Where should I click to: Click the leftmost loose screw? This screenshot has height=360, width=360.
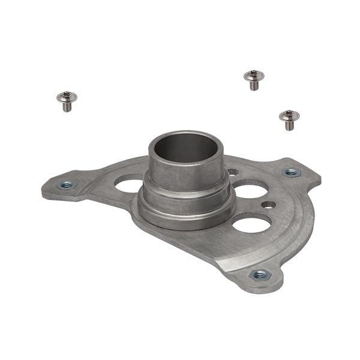coord(67,100)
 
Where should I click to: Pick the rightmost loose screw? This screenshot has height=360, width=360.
coord(289,119)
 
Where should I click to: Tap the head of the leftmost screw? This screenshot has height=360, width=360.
coord(66,96)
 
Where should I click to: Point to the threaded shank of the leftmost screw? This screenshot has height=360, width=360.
coord(67,106)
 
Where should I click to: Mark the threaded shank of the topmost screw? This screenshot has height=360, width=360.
coord(254,85)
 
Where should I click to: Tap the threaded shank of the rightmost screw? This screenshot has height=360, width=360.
coord(289,125)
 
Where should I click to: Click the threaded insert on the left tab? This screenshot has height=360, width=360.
coord(67,184)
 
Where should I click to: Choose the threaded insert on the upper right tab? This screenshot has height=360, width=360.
coord(291,172)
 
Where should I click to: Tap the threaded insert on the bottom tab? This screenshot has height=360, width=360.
coord(260,275)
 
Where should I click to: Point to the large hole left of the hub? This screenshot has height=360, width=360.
coord(129,185)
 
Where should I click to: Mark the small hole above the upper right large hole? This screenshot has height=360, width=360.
coord(233,172)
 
